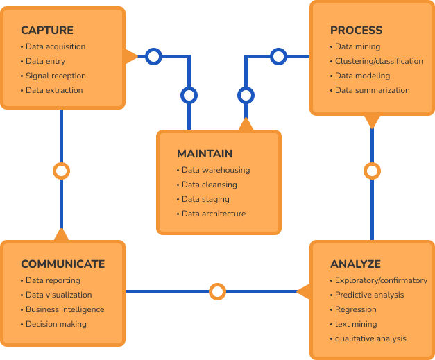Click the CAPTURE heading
[x=47, y=31]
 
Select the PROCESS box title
[x=356, y=31]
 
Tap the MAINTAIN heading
[x=205, y=154]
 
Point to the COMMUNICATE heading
[x=63, y=264]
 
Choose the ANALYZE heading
[x=355, y=264]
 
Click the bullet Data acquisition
[x=56, y=46]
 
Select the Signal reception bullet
[x=56, y=76]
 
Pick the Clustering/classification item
[x=379, y=61]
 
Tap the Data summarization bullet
[x=372, y=90]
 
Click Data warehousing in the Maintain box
[x=215, y=170]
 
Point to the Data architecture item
[x=213, y=214]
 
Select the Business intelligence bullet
[x=65, y=309]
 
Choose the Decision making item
[x=56, y=324]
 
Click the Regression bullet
[x=355, y=309]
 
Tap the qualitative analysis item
[x=370, y=338]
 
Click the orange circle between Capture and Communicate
[x=62, y=171]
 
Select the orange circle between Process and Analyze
[x=373, y=171]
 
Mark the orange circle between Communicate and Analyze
[x=218, y=291]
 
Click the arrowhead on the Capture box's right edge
[x=130, y=56]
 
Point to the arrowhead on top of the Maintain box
[x=245, y=124]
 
